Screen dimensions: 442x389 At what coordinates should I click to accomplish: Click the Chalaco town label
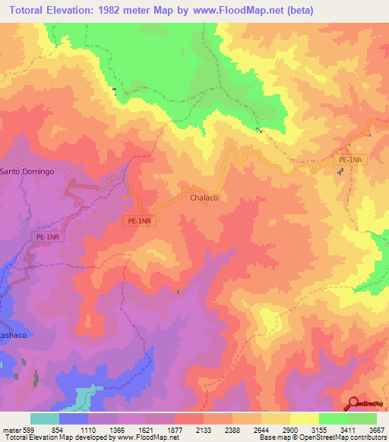204,197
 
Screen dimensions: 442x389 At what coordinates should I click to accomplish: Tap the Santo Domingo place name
27,172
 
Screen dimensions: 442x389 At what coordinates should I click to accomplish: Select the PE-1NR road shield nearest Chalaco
139,221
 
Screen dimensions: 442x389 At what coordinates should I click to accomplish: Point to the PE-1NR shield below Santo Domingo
48,238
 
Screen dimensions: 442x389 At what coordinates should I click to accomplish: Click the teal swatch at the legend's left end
45,418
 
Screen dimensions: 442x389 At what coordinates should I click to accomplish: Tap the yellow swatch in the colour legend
305,418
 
